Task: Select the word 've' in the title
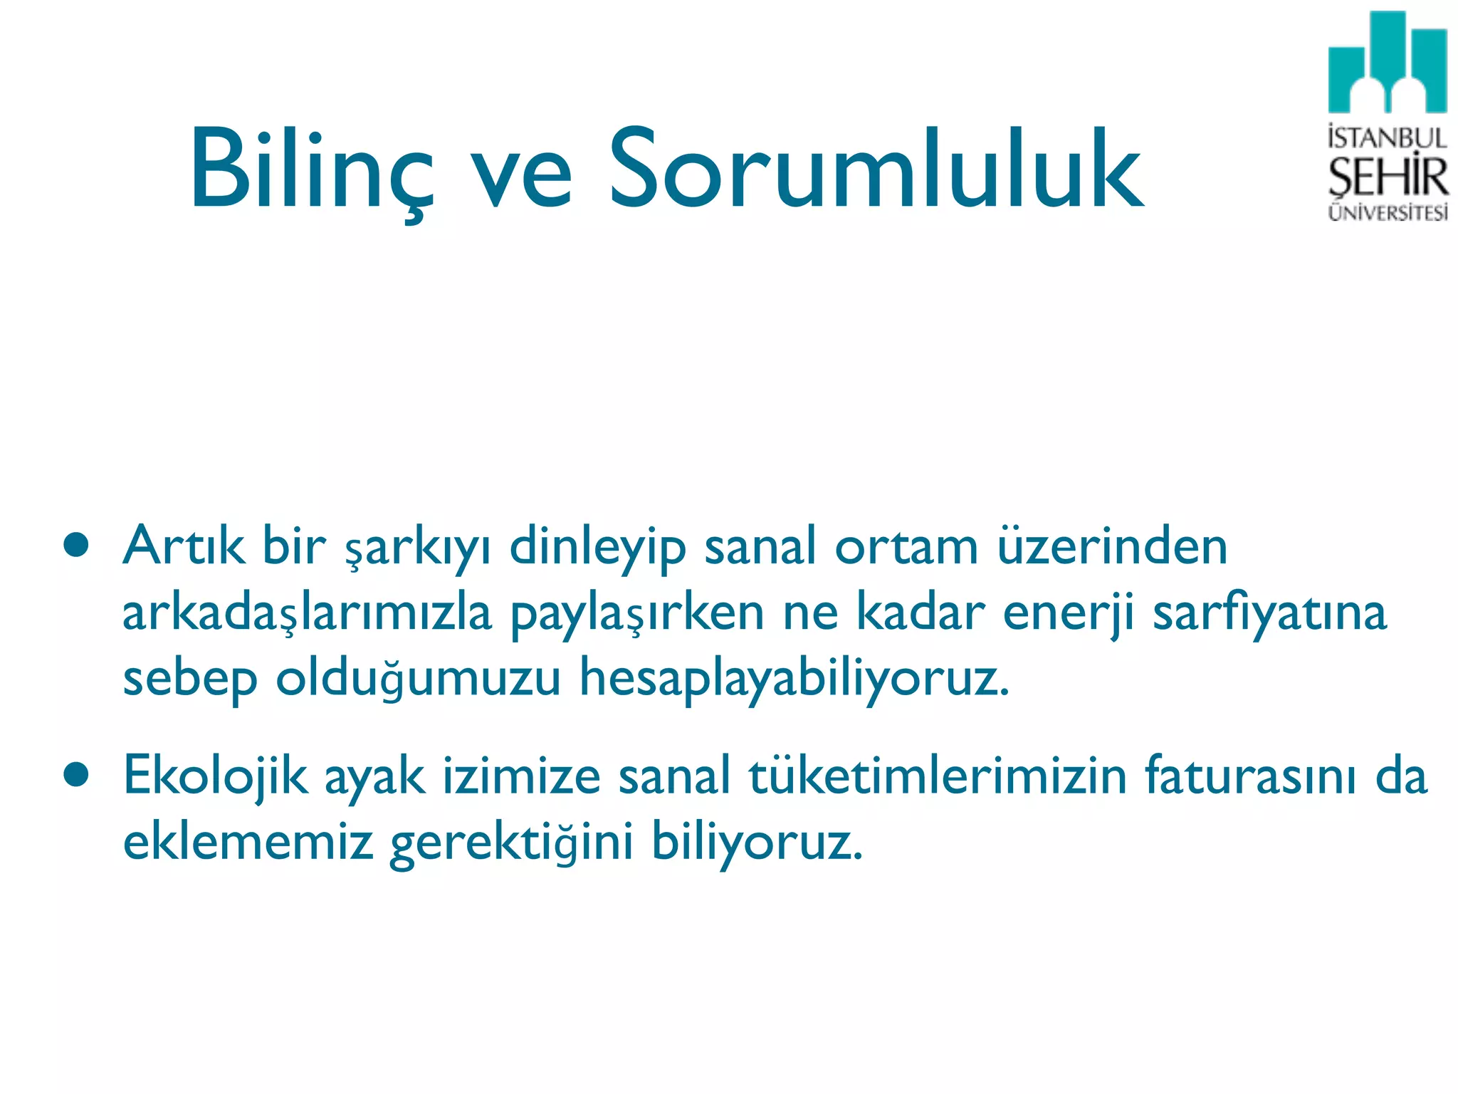pos(522,178)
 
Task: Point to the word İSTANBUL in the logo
pos(1387,137)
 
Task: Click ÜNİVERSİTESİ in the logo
pos(1388,213)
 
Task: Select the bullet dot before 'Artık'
pos(75,546)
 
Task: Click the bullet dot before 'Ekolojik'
pos(75,775)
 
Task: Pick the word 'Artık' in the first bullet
pos(184,546)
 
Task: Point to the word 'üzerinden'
pos(1112,546)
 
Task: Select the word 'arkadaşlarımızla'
pos(307,613)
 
